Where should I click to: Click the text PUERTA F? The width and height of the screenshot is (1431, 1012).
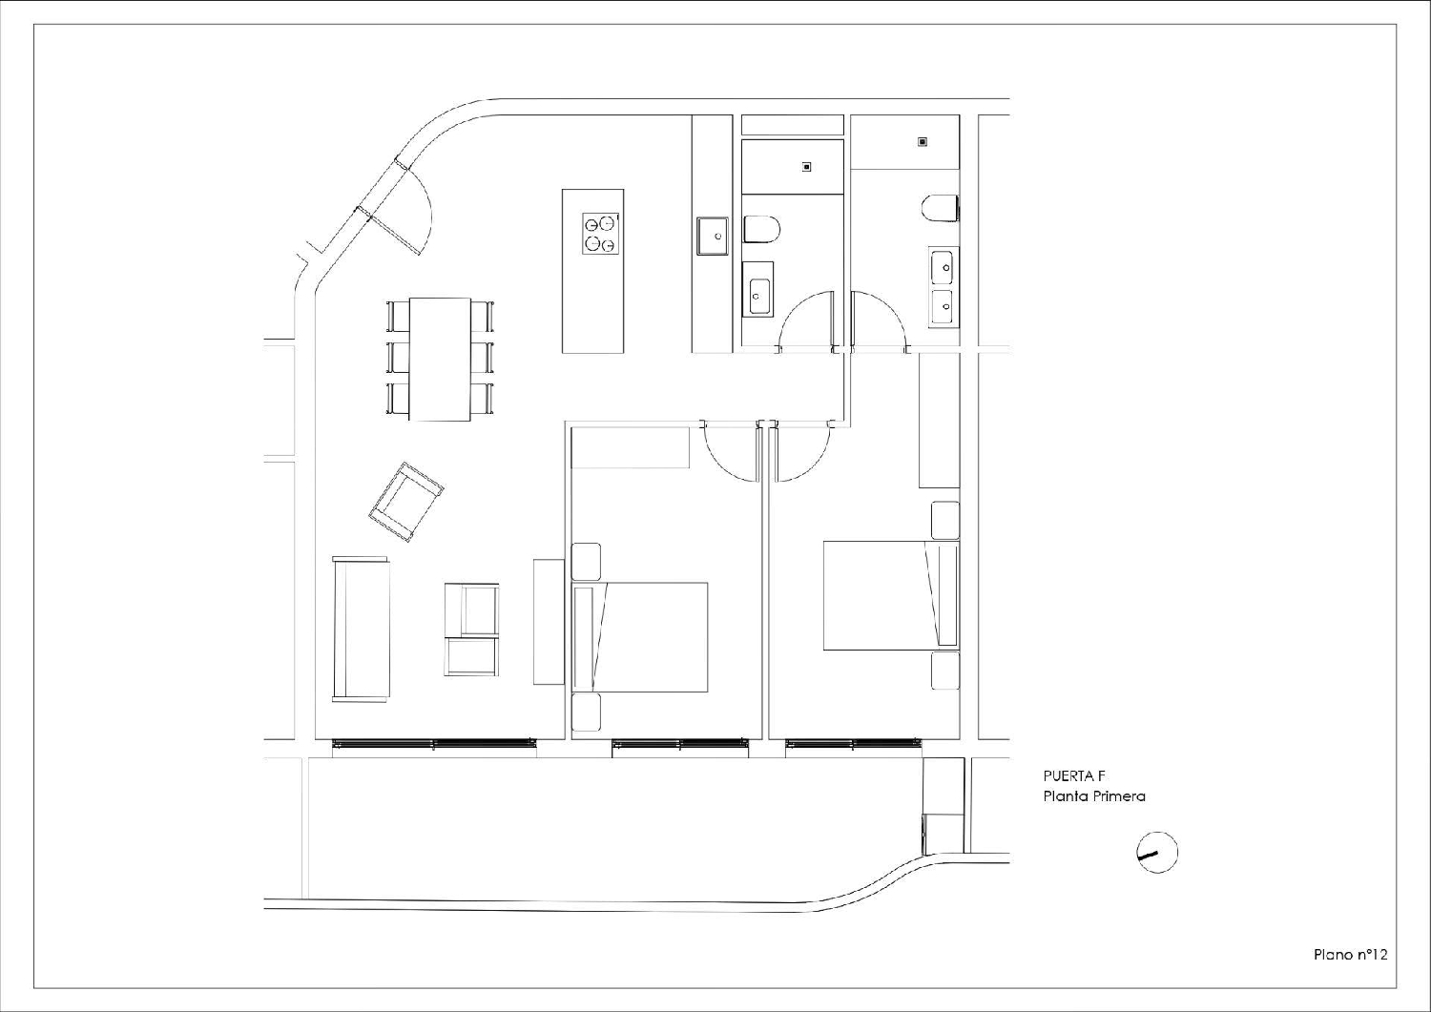(1074, 776)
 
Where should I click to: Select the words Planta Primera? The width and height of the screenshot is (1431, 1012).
(1094, 796)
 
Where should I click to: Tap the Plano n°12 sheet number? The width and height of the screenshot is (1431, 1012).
(1350, 954)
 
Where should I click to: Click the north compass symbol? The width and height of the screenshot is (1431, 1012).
(1157, 853)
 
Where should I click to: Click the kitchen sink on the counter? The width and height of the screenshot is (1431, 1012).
(714, 236)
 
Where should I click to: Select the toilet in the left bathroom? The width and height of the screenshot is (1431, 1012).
(761, 229)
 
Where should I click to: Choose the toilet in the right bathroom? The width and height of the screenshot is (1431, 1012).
(941, 208)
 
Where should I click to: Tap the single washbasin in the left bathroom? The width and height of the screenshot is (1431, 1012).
(759, 296)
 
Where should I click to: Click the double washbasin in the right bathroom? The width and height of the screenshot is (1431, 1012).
(943, 286)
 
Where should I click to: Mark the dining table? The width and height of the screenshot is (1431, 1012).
(440, 359)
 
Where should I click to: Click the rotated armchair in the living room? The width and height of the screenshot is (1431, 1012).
(406, 501)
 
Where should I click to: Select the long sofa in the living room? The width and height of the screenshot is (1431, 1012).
(361, 630)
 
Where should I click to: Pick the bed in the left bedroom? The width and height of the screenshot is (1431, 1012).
(641, 637)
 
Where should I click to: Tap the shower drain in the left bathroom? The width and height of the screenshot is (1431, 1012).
(806, 167)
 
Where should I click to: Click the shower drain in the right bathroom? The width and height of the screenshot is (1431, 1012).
(923, 142)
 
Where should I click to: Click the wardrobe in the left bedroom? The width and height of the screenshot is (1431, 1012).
(630, 447)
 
